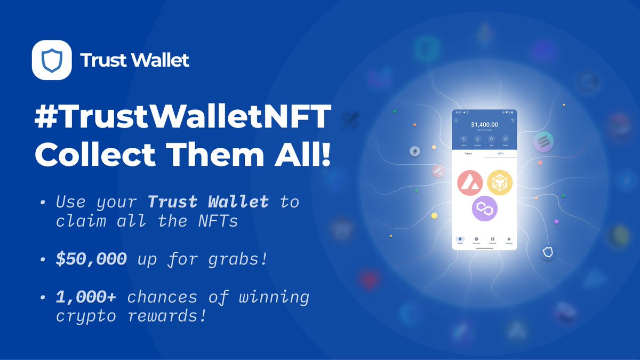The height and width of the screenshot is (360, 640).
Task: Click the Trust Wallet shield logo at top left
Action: (x=52, y=60)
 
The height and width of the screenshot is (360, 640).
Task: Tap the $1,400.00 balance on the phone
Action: (x=484, y=125)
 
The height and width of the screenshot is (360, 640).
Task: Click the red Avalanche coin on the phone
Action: (x=470, y=183)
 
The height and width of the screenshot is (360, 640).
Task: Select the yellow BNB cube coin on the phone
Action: (x=499, y=182)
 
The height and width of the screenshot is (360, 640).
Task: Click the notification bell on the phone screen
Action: (x=457, y=121)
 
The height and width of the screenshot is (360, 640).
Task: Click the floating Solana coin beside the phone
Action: (x=543, y=142)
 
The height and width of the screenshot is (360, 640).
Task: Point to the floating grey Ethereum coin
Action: (x=414, y=152)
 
